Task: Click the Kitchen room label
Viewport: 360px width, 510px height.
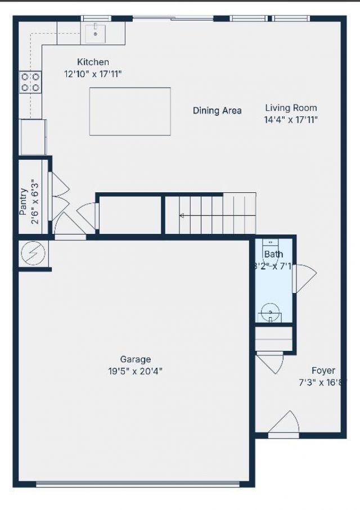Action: pos(93,62)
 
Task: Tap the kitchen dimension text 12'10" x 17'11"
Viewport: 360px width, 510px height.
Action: pos(93,74)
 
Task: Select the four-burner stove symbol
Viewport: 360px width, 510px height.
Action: pos(30,82)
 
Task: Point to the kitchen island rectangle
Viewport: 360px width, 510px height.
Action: pos(130,111)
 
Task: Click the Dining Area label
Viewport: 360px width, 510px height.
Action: pos(217,111)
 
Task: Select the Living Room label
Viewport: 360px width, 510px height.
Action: pos(291,107)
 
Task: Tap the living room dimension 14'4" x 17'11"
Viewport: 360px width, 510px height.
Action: pos(291,119)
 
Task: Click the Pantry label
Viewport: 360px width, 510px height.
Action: pos(23,201)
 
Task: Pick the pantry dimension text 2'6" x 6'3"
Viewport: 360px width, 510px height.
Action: pos(35,201)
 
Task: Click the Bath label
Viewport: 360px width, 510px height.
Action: pos(273,255)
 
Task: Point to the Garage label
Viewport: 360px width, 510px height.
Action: pos(136,359)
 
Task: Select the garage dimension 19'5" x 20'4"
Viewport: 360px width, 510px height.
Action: pos(136,371)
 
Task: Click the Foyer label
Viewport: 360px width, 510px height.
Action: pos(323,371)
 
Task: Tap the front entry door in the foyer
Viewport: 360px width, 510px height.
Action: pos(285,426)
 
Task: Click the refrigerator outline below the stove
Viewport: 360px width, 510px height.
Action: pos(33,137)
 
